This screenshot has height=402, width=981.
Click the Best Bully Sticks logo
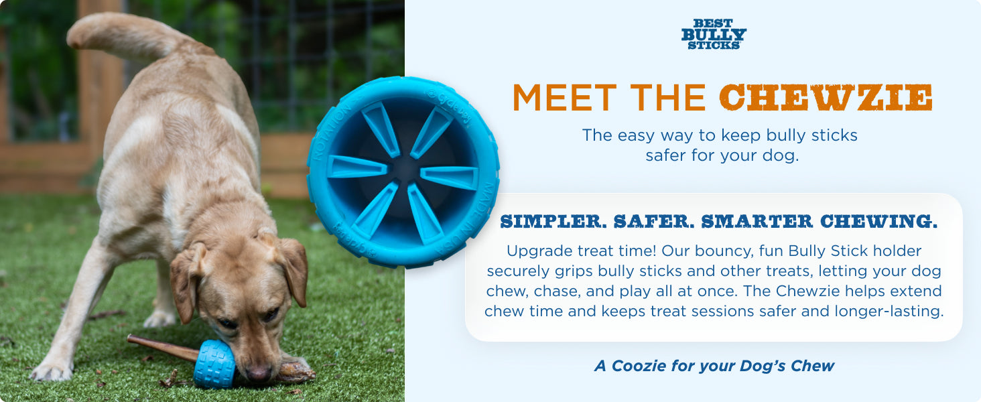tap(714, 34)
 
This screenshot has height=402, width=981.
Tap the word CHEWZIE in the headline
tap(826, 97)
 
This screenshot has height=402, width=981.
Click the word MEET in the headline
tap(564, 97)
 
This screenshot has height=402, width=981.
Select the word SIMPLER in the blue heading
tap(553, 221)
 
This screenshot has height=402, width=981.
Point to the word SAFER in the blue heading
tap(654, 221)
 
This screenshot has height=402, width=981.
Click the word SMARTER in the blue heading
tap(757, 221)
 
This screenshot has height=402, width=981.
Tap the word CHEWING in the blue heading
tap(878, 221)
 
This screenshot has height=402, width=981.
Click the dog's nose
tap(258, 374)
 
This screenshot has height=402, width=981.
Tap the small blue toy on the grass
tap(214, 364)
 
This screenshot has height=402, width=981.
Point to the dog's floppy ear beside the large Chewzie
tap(294, 271)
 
